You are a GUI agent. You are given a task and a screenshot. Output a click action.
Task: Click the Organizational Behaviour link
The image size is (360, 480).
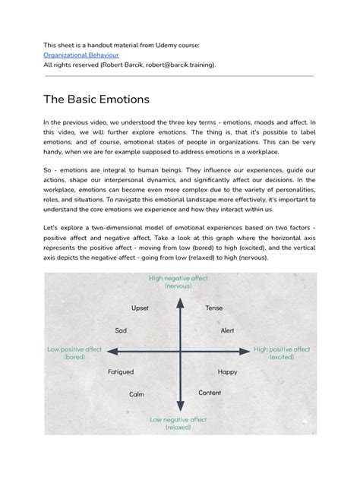(81, 55)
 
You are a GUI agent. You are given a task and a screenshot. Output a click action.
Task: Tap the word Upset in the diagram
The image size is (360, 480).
(141, 308)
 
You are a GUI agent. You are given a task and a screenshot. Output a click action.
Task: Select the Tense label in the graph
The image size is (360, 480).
(213, 308)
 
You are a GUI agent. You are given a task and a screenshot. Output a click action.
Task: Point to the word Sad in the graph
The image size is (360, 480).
(121, 330)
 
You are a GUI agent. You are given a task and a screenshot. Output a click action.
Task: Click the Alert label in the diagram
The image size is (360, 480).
(227, 330)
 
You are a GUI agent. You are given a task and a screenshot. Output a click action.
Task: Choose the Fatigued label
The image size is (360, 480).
(121, 372)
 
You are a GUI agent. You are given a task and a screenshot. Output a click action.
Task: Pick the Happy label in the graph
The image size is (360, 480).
(227, 372)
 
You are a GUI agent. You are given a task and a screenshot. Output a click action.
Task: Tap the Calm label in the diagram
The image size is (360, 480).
(137, 394)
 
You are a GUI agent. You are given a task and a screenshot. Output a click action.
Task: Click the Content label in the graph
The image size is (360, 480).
(210, 393)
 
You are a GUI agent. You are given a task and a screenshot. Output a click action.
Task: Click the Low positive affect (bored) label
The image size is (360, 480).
(74, 353)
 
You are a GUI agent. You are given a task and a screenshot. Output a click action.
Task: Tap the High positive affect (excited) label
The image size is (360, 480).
(282, 353)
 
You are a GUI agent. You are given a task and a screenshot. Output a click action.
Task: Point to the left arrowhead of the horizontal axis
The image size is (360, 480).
(111, 351)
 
